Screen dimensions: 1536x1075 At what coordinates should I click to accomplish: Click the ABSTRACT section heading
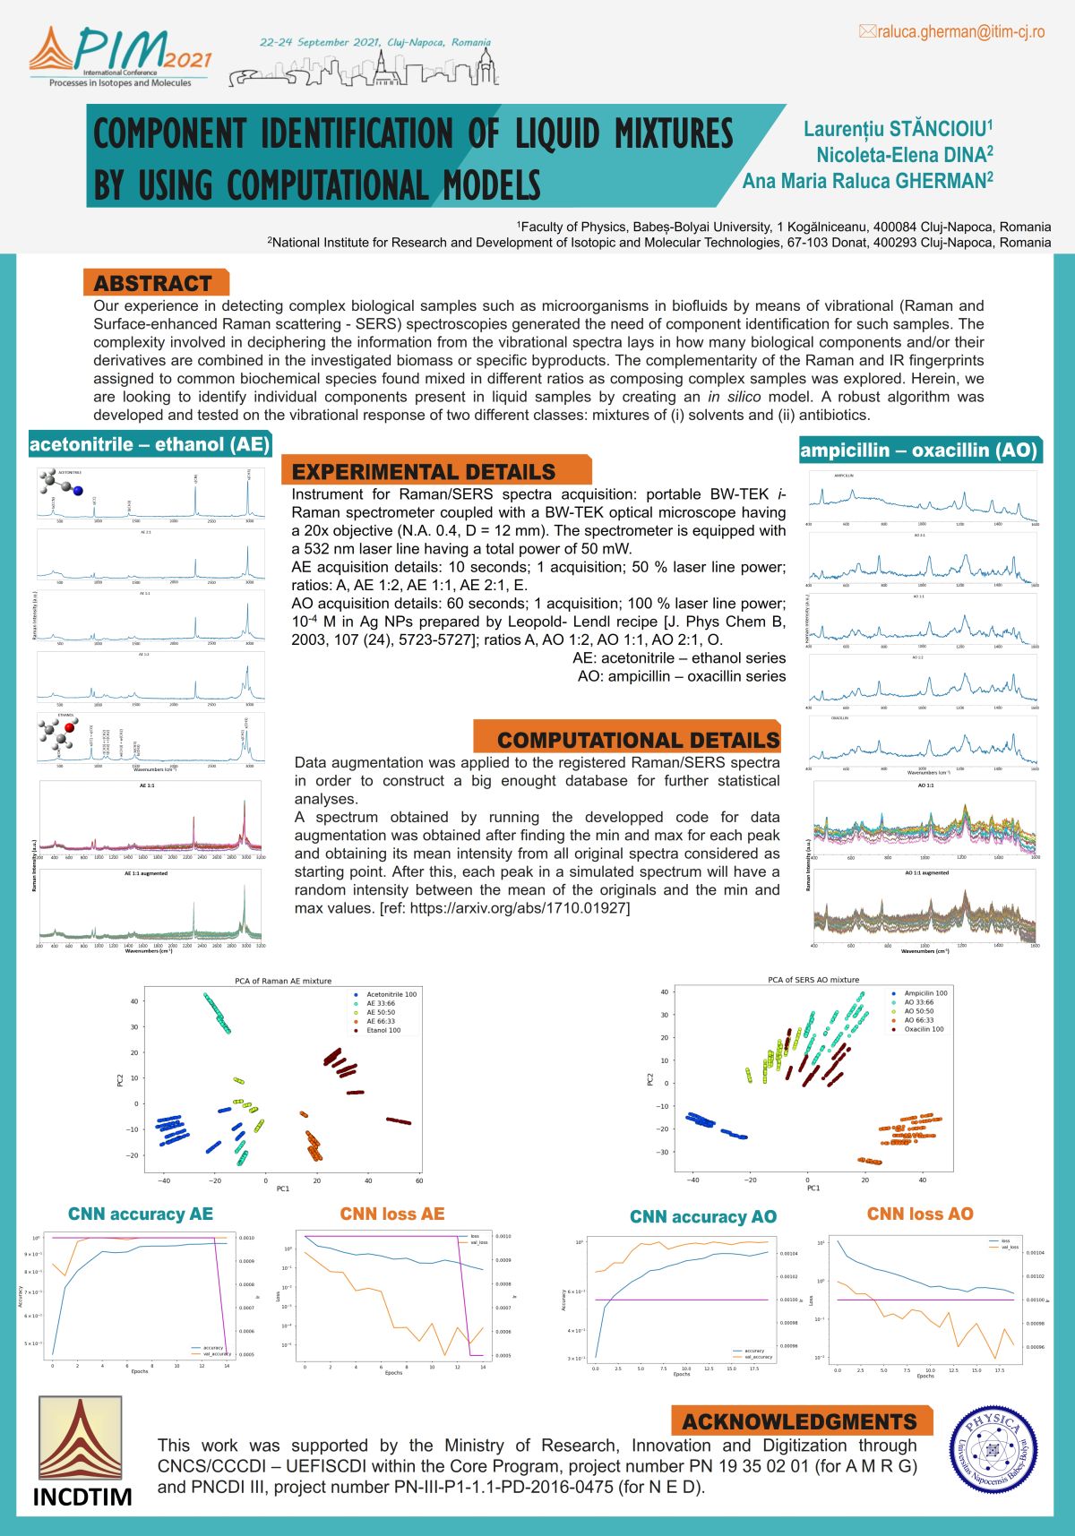153,283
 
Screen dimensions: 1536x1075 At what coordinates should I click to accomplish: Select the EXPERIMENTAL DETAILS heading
424,472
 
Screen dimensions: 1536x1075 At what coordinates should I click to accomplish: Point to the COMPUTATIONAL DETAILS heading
638,740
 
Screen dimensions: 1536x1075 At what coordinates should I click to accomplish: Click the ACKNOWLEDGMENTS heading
799,1421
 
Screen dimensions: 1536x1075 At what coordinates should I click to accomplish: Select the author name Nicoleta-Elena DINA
904,155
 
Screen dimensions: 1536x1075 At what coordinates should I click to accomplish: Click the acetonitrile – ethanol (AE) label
150,444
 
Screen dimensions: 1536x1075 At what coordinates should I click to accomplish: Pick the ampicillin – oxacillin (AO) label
919,451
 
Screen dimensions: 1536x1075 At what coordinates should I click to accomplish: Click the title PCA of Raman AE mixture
283,981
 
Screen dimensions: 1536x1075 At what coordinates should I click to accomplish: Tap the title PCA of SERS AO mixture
813,980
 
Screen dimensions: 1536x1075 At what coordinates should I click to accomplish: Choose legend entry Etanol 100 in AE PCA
383,1031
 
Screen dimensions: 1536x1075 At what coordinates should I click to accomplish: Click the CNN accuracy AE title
141,1214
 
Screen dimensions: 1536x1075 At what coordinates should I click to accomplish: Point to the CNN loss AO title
920,1214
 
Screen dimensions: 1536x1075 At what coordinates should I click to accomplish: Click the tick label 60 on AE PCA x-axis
419,1180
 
